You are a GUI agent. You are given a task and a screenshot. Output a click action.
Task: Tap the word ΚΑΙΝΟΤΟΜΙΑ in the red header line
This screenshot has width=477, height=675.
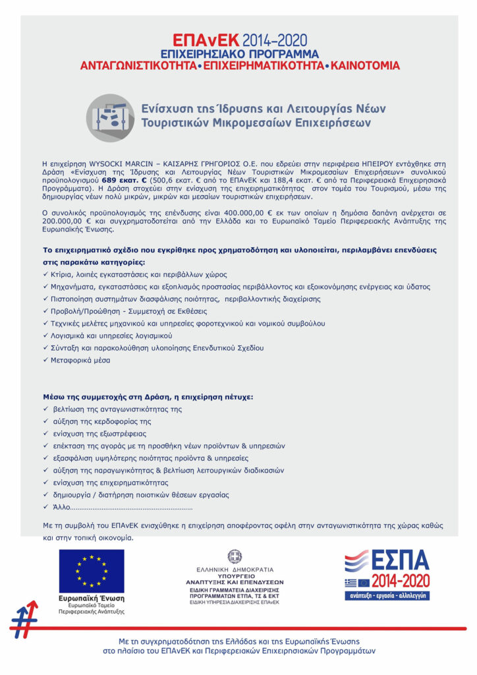(x=365, y=67)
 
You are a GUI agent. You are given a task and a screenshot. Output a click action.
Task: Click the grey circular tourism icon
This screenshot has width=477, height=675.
(x=110, y=117)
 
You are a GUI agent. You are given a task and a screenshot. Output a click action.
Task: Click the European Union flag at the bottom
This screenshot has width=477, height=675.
(x=92, y=571)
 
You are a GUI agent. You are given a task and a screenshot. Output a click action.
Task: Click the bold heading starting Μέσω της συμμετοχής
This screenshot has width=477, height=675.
(x=148, y=397)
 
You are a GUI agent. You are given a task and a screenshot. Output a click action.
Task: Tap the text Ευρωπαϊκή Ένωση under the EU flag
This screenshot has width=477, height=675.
(x=91, y=597)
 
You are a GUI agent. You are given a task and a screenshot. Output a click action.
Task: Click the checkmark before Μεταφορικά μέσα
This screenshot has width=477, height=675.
(x=45, y=360)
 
